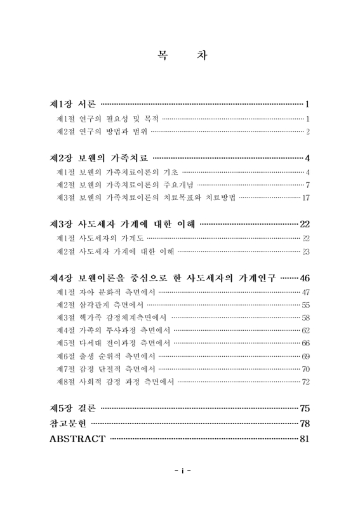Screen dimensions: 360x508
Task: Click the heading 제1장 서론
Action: [73, 104]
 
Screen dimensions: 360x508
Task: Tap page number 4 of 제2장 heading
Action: [307, 157]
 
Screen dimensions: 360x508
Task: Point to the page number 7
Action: [307, 185]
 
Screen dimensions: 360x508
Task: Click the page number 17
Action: [305, 198]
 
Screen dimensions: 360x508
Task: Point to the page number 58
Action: [305, 317]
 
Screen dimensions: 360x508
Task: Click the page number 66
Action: [305, 343]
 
